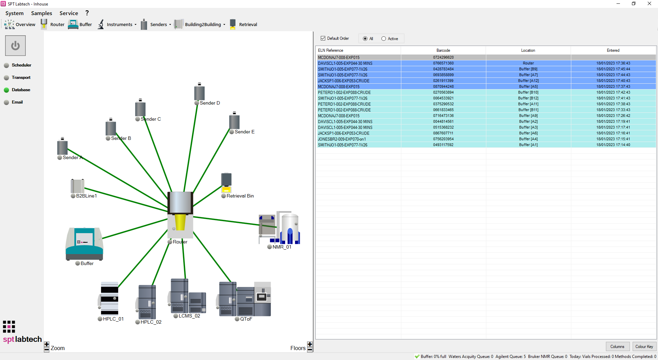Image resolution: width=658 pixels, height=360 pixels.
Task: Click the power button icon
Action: pos(15,46)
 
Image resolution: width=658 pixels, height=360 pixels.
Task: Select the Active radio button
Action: pos(383,39)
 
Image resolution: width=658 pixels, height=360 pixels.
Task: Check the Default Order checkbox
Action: pos(323,38)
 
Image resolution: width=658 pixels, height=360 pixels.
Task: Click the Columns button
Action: pos(617,347)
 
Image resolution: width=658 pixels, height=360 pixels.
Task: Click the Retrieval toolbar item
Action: pos(243,24)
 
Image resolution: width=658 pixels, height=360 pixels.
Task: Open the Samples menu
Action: pos(41,13)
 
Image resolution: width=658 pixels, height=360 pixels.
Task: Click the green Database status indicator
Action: pos(7,90)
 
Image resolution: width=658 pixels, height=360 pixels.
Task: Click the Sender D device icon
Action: pos(199,93)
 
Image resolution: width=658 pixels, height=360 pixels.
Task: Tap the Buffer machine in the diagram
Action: pos(84,243)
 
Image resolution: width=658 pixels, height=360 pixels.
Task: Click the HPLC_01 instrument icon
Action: pos(109,298)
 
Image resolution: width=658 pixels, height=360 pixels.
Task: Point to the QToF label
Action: pos(246,319)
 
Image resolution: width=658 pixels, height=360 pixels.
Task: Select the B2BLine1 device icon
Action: pos(77,186)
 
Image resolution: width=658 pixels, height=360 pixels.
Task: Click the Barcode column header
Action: pos(443,50)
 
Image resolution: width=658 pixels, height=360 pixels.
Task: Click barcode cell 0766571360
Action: pos(443,63)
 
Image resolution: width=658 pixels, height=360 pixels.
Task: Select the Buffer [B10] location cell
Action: pos(528,92)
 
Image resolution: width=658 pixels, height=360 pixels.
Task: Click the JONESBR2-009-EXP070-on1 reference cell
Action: pos(342,139)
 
